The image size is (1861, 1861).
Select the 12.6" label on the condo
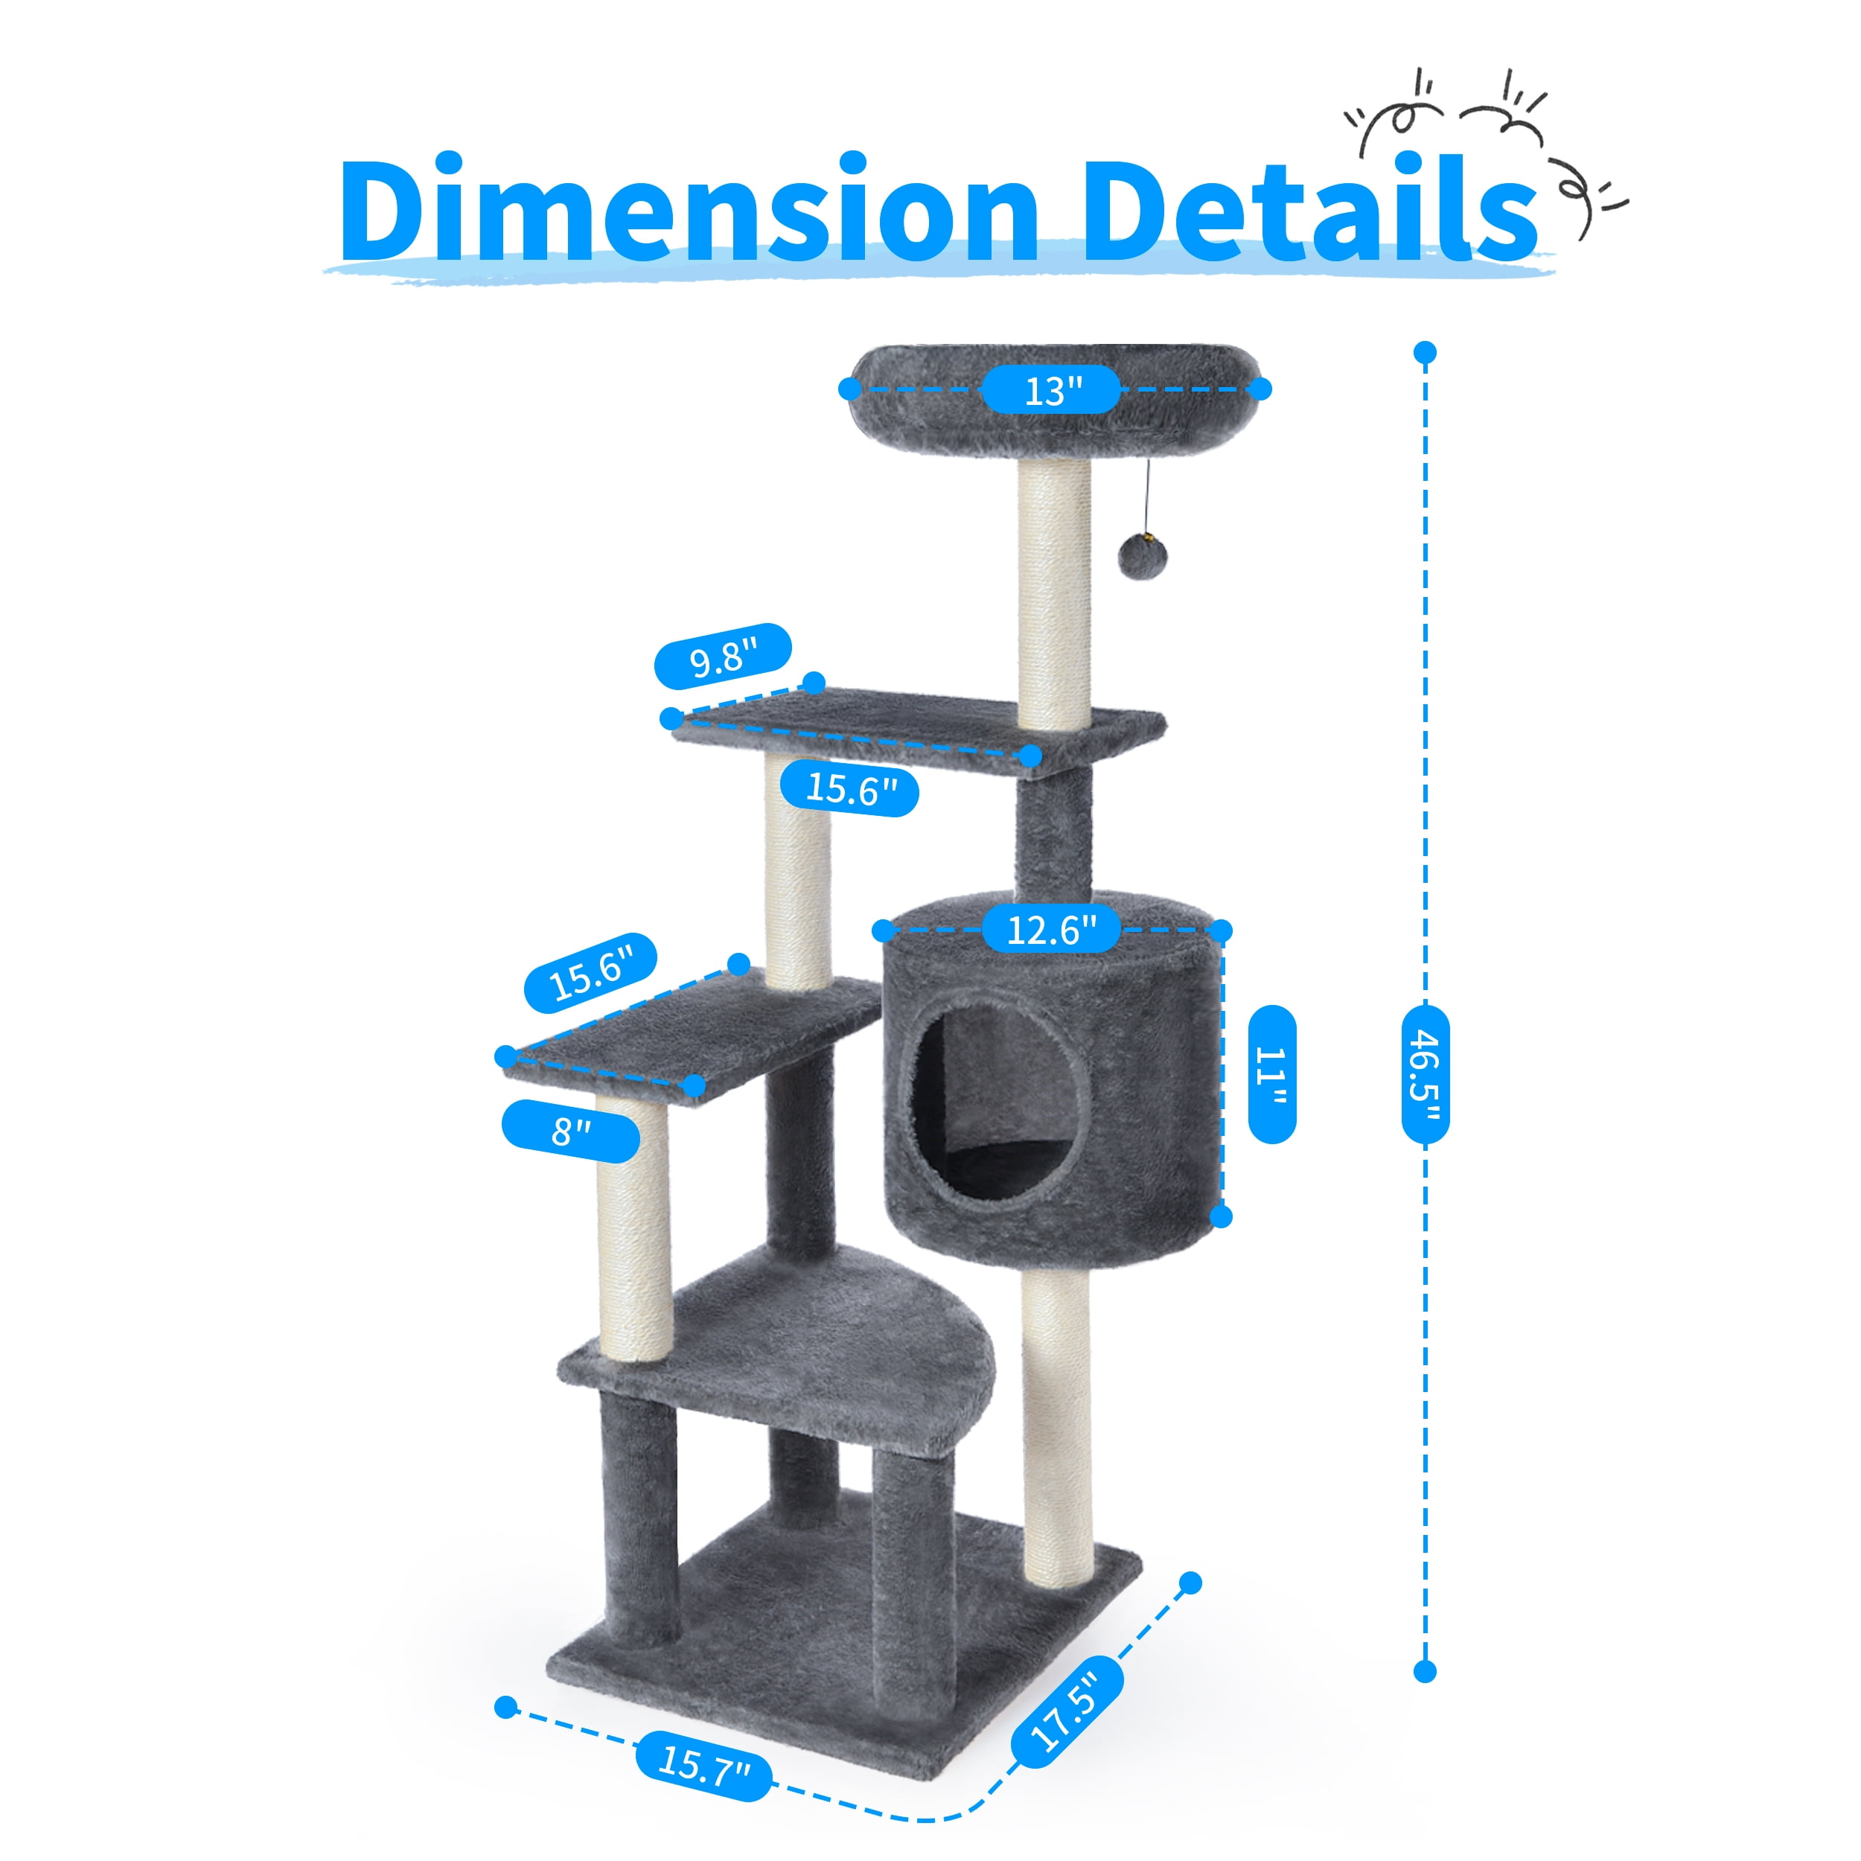click(1052, 930)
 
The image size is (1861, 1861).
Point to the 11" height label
click(1271, 1075)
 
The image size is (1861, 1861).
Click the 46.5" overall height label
click(1426, 1074)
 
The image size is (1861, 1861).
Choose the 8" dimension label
click(570, 1131)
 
